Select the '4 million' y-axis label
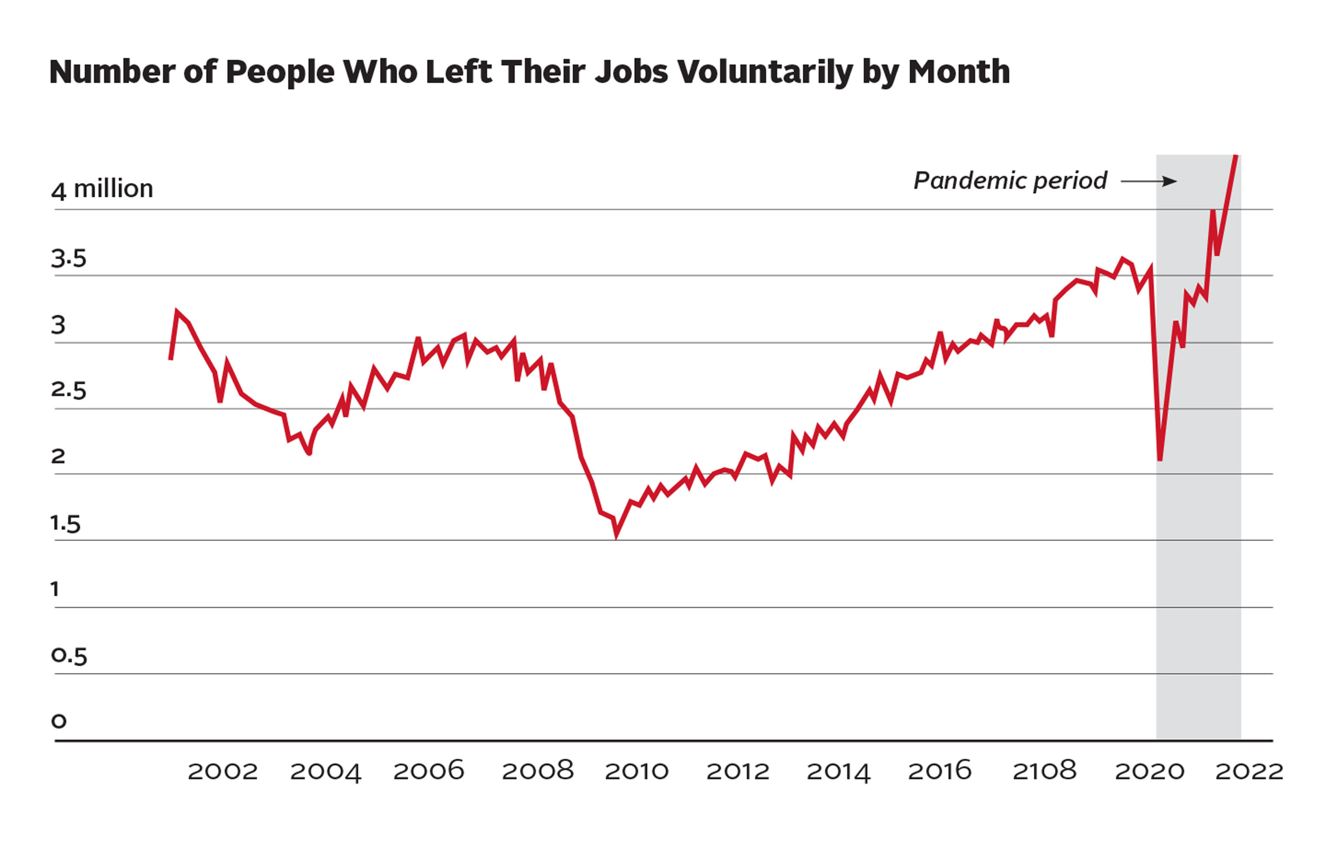(102, 189)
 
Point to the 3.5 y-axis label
(69, 258)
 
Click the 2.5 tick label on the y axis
(69, 390)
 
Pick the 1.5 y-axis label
(66, 523)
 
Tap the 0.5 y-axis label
(69, 656)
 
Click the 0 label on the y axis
(58, 721)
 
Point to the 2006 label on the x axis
(429, 770)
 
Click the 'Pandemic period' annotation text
(1010, 181)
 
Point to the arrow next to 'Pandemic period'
(1149, 181)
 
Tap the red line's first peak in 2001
(177, 311)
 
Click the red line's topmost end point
(1236, 157)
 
